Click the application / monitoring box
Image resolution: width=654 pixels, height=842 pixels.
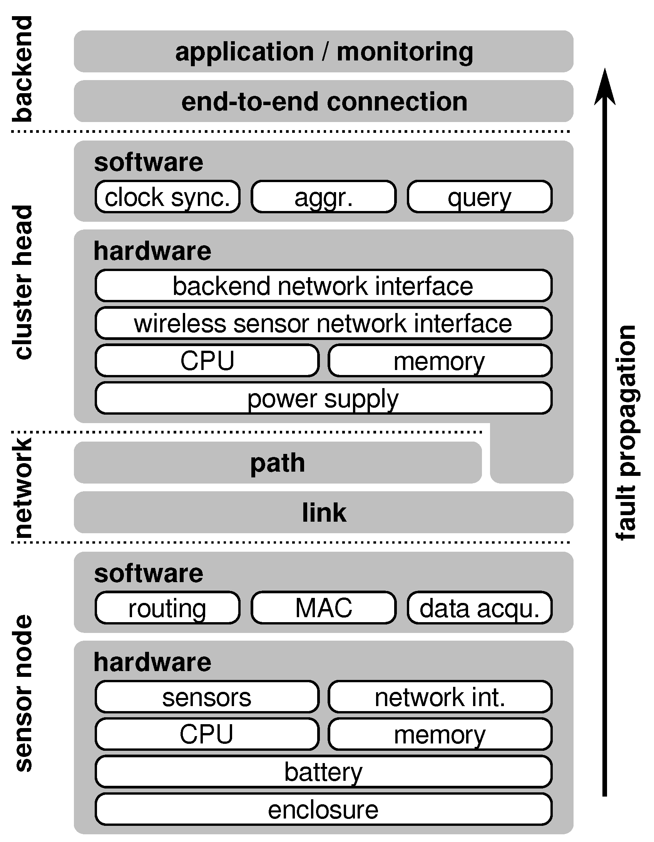coord(323,51)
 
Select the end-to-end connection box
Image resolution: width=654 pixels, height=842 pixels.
coord(323,101)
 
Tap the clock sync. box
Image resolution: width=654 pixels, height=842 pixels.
coord(167,197)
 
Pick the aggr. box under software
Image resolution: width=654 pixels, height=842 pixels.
coord(323,197)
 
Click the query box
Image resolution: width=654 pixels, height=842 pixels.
coord(479,197)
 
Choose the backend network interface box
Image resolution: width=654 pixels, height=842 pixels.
coord(323,286)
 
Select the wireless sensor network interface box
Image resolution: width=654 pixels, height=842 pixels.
coord(323,323)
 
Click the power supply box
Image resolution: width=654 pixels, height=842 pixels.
coord(323,398)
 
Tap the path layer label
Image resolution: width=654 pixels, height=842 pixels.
coord(278,463)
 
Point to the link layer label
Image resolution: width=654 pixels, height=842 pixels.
coord(324,512)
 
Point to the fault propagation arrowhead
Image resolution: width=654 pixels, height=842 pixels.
coord(604,87)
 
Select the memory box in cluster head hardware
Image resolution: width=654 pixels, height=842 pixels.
coord(440,361)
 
